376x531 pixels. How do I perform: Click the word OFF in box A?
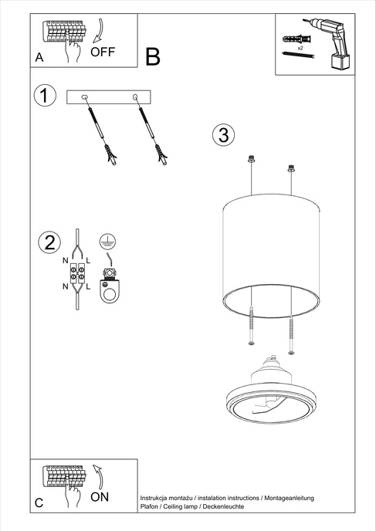[x=103, y=52]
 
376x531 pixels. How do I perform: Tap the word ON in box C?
[x=100, y=498]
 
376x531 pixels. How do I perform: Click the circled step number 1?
[x=46, y=96]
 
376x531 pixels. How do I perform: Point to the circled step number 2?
[x=48, y=242]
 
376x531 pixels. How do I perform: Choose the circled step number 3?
[x=222, y=135]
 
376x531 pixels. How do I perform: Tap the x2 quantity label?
[x=300, y=48]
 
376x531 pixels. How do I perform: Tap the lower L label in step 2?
[x=90, y=286]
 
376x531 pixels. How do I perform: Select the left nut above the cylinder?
[x=251, y=161]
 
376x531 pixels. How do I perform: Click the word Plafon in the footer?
[x=150, y=508]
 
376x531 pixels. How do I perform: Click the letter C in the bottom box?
[x=39, y=503]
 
